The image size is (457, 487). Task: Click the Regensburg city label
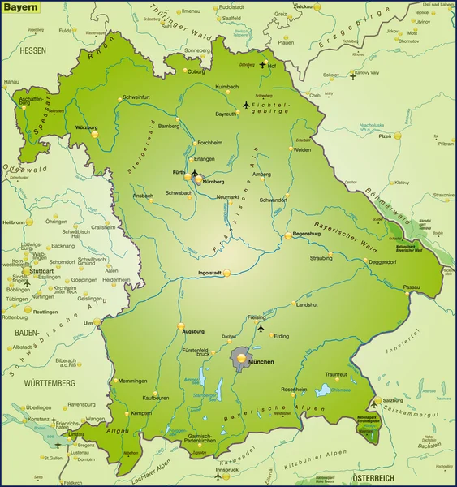(308, 233)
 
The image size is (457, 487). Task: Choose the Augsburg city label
(193, 332)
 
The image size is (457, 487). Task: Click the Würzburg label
(85, 127)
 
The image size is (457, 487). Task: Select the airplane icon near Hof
(262, 65)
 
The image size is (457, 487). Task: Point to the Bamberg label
(168, 126)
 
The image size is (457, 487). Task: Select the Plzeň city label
(386, 137)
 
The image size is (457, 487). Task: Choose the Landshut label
(307, 304)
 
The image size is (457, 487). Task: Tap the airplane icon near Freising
(261, 329)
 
